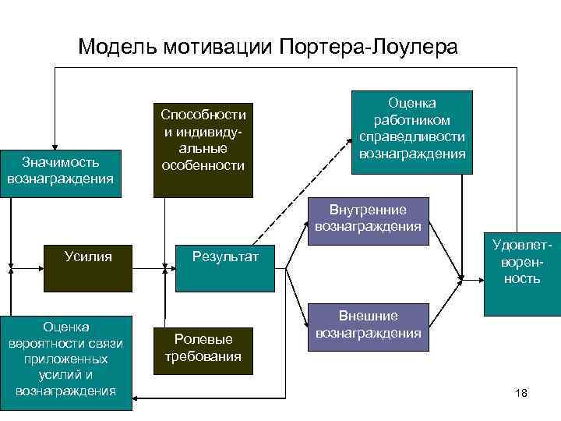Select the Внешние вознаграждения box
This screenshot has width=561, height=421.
tap(368, 324)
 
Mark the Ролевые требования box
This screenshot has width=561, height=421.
tap(203, 348)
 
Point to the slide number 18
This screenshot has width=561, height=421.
tap(521, 393)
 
